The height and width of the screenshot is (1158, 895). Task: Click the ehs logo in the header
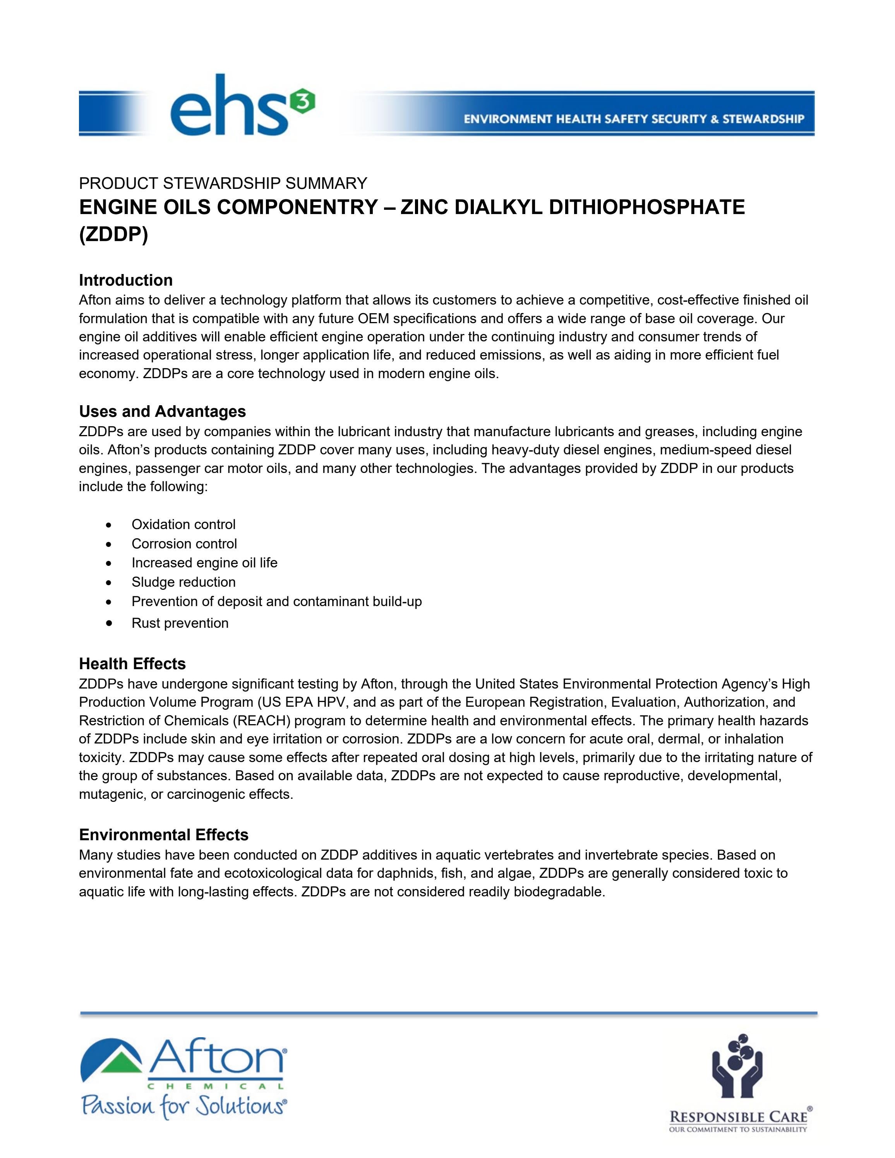pyautogui.click(x=231, y=106)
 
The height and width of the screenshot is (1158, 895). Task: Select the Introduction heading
pyautogui.click(x=126, y=280)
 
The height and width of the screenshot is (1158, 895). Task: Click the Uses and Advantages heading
pyautogui.click(x=162, y=411)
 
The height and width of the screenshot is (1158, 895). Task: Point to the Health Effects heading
pyautogui.click(x=132, y=663)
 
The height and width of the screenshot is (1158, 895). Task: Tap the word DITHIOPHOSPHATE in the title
pyautogui.click(x=646, y=207)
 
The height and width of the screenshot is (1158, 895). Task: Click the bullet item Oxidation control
pyautogui.click(x=183, y=524)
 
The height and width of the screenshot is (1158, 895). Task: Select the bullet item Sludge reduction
pyautogui.click(x=183, y=582)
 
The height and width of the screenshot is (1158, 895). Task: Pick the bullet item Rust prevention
pyautogui.click(x=180, y=623)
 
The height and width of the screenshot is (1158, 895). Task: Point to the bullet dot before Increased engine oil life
pyautogui.click(x=109, y=563)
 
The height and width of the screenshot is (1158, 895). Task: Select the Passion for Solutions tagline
pyautogui.click(x=183, y=1107)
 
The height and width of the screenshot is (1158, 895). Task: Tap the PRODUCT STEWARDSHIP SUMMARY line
pyautogui.click(x=223, y=183)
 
